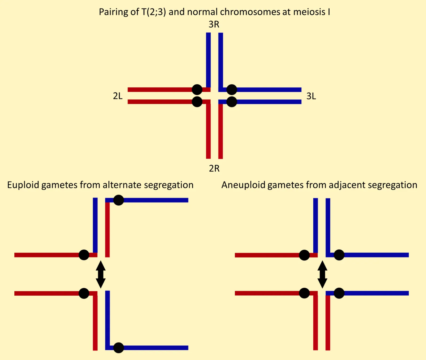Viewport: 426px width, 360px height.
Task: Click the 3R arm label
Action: (214, 24)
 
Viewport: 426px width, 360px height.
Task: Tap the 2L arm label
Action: (118, 96)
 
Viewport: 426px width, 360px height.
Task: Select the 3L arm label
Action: (311, 96)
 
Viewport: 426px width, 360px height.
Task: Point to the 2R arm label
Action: (214, 169)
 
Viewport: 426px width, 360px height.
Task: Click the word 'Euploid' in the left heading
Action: (23, 185)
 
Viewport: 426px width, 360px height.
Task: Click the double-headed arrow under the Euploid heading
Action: (101, 275)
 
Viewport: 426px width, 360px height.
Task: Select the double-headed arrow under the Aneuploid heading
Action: (322, 275)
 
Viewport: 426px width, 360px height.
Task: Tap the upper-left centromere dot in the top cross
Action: (197, 90)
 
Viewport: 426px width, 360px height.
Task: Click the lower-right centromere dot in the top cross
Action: (232, 102)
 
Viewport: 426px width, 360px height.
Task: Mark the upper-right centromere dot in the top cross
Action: (232, 90)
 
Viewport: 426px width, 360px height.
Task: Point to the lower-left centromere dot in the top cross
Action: (197, 102)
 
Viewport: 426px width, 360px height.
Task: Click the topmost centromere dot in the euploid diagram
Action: (118, 200)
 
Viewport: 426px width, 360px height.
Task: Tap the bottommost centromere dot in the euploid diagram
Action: (118, 348)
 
